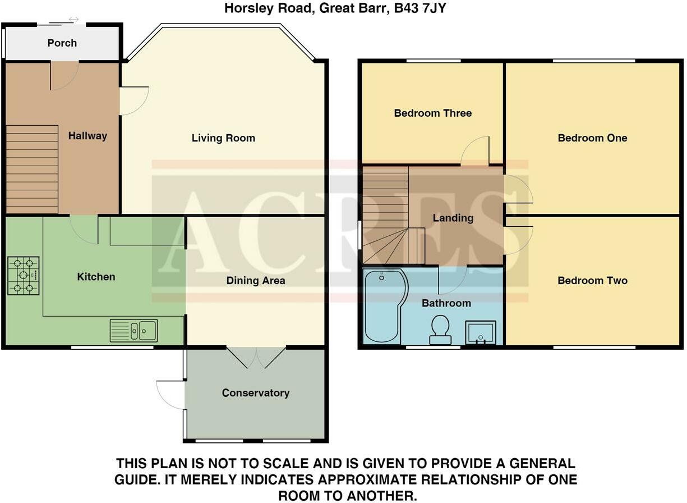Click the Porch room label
click(x=62, y=43)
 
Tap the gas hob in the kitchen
click(x=24, y=276)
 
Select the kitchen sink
click(x=133, y=331)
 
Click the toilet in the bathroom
click(x=440, y=330)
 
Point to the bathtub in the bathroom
click(x=385, y=306)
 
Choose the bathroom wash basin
click(x=481, y=332)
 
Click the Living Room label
click(x=223, y=138)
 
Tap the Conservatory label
click(x=256, y=393)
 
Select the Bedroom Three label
click(x=433, y=113)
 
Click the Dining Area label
click(x=256, y=280)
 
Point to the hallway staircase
click(x=32, y=169)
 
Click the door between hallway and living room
click(x=134, y=101)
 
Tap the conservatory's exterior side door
click(x=170, y=395)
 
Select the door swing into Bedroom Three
click(x=474, y=151)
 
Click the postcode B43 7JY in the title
click(x=420, y=8)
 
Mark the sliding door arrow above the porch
click(x=73, y=19)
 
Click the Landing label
click(x=453, y=218)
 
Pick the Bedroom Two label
click(x=592, y=280)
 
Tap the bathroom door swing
click(x=453, y=280)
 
